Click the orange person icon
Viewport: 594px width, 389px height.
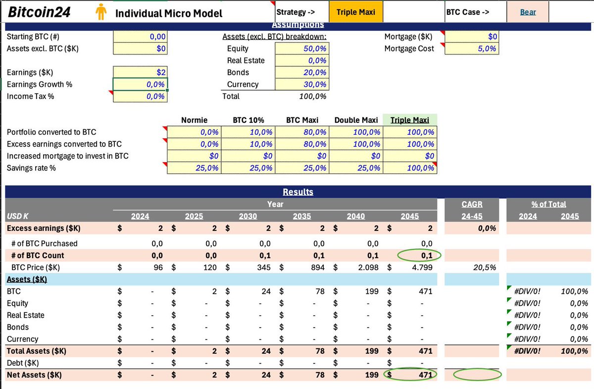[x=101, y=12]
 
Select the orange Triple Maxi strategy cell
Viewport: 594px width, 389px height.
[x=356, y=12]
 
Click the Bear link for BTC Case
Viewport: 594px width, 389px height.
[x=528, y=12]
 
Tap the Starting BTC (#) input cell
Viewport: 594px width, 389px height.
[x=140, y=36]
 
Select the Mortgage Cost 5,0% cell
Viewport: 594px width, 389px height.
[x=472, y=49]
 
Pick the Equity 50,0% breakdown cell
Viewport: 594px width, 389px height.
[x=302, y=49]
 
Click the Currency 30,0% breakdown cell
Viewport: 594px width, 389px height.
[x=302, y=84]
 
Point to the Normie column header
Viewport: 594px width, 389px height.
[x=194, y=120]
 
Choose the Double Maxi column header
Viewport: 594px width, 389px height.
[x=356, y=120]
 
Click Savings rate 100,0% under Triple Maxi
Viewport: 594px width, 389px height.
[x=410, y=168]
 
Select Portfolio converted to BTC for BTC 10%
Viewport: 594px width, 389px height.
[x=248, y=132]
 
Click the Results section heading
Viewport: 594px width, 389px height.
[x=298, y=192]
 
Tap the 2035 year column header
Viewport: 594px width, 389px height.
[x=302, y=216]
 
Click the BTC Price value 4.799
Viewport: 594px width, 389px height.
[x=422, y=267]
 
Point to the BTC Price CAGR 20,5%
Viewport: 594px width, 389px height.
[x=485, y=267]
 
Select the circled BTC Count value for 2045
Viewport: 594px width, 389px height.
[x=427, y=255]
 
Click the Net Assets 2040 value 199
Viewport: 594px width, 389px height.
[x=372, y=375]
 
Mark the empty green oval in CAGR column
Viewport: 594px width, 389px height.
[x=477, y=369]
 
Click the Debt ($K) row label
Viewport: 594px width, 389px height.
[x=23, y=363]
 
